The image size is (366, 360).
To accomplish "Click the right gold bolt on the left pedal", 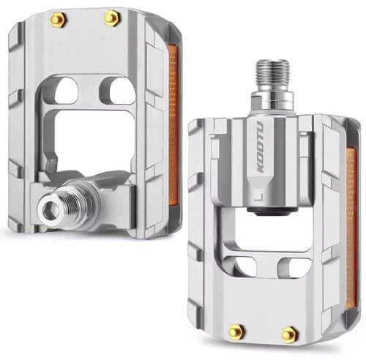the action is (112, 18).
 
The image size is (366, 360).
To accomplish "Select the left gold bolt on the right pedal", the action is (236, 331).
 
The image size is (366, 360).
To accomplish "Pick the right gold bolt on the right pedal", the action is (289, 335).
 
